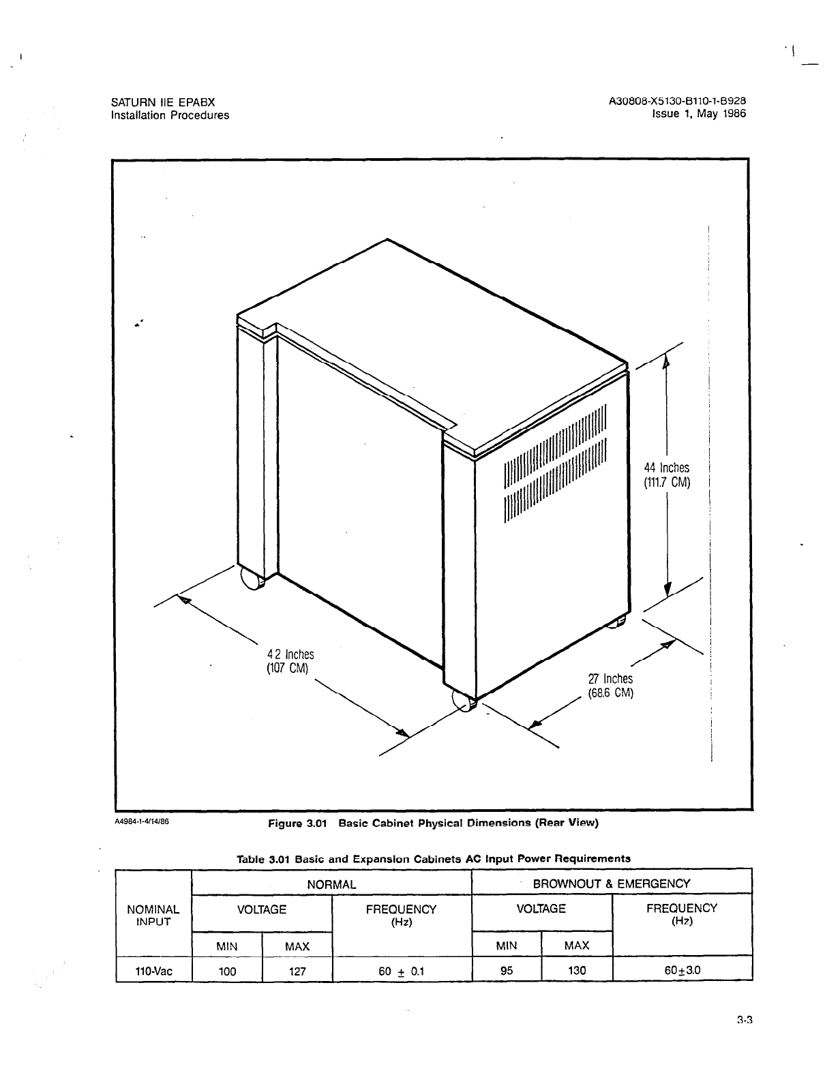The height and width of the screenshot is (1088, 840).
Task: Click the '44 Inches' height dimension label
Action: (667, 468)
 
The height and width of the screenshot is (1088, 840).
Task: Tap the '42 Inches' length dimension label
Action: (290, 654)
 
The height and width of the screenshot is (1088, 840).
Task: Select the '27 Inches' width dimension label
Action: (610, 679)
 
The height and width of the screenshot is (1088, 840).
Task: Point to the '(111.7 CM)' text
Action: (667, 483)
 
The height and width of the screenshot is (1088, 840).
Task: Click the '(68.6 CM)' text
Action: (611, 694)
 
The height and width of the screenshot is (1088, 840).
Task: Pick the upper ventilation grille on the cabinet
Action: (555, 447)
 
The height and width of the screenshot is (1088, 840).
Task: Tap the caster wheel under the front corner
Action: (464, 701)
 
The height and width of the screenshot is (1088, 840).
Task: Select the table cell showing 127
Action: (297, 971)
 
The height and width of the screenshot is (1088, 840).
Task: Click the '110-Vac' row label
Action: (154, 971)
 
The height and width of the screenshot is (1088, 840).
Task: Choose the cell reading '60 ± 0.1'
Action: (401, 971)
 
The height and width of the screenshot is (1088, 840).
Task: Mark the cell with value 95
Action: (507, 971)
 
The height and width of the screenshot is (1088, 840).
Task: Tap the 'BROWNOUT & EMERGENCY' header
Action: (612, 883)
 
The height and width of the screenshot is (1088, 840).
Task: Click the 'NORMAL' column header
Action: (332, 884)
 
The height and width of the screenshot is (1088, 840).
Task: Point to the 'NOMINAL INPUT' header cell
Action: (154, 915)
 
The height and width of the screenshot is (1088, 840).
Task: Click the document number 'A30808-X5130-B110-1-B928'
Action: (678, 102)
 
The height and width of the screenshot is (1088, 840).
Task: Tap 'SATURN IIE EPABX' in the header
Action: (162, 102)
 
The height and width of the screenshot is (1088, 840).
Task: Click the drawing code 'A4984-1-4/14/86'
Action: (140, 821)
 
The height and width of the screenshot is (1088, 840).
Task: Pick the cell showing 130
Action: (577, 971)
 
